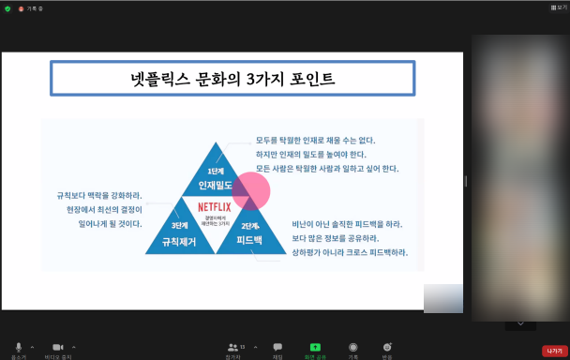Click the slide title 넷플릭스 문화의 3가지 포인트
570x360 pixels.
click(232, 79)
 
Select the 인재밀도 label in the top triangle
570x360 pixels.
click(214, 186)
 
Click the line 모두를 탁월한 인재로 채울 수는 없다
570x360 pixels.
click(315, 141)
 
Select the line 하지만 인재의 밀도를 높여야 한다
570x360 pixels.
click(311, 155)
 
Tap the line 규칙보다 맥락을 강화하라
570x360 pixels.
click(99, 196)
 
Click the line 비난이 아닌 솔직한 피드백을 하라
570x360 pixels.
click(347, 225)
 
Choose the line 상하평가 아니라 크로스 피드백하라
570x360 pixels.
click(350, 253)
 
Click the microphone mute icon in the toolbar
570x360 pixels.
click(18, 347)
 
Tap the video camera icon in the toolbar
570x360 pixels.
click(57, 347)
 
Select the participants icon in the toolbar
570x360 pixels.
click(232, 347)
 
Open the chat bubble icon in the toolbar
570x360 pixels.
click(277, 347)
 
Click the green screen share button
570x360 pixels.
click(315, 347)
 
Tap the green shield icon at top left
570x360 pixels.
click(7, 7)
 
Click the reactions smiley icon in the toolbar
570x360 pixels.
click(386, 347)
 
